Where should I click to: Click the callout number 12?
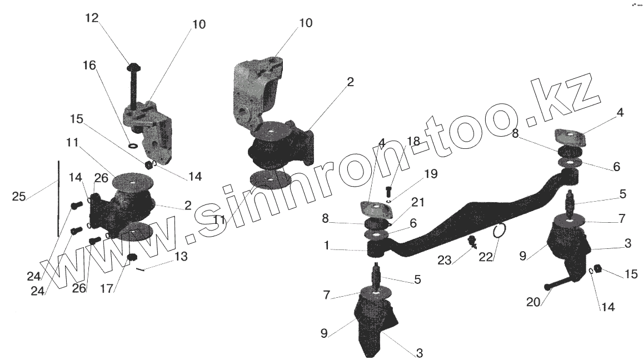point(92,18)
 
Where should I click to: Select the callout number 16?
point(89,66)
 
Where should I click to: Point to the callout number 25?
point(19,196)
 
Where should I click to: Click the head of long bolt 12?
point(133,67)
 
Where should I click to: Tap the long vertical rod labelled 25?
point(58,198)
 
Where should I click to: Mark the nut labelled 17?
point(133,257)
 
